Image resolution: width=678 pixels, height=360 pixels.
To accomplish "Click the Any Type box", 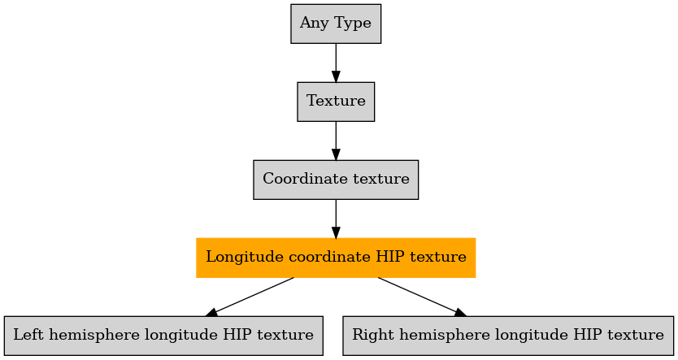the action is coord(336,24).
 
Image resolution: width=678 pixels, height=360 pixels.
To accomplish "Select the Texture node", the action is coord(336,102).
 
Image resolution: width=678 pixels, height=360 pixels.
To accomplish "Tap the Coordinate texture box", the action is coord(336,180).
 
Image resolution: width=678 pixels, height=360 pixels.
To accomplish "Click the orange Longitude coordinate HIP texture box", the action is coord(336,258).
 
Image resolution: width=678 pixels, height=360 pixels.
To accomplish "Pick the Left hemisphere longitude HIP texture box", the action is coord(163,336).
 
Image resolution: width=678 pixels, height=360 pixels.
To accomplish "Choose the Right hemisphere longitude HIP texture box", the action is coord(508,336).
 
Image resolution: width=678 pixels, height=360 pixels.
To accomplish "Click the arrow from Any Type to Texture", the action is coord(336,63).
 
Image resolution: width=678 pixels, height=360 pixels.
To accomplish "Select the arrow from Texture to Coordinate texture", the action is coord(336,141).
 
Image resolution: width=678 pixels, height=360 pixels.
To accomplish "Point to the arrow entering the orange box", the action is coord(336,219).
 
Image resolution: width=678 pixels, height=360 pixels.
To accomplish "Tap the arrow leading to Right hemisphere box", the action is coord(422,297).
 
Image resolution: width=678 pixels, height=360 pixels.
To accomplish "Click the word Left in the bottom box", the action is coord(25,335).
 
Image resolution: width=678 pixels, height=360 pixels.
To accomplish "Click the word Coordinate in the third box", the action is coord(298,179).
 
